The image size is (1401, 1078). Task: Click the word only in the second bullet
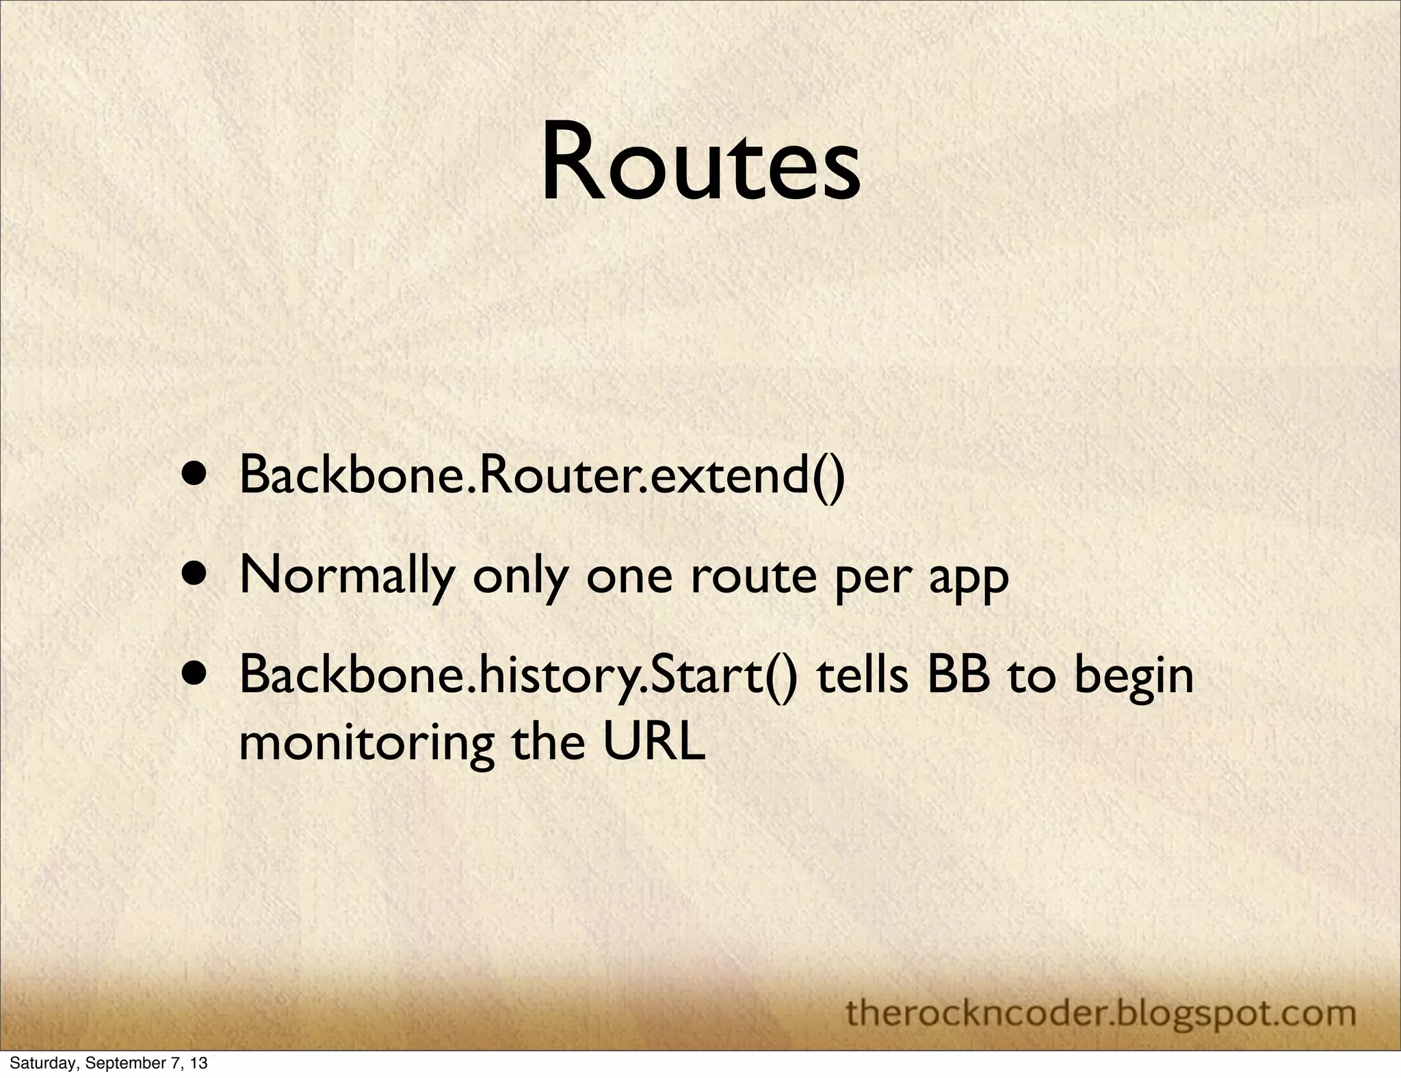(520, 577)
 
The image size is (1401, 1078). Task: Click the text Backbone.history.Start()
(517, 676)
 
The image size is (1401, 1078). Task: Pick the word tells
(863, 674)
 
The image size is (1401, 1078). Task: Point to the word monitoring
(367, 744)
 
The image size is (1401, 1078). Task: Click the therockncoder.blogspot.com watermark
(1101, 1012)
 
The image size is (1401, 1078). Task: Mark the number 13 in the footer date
(198, 1063)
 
